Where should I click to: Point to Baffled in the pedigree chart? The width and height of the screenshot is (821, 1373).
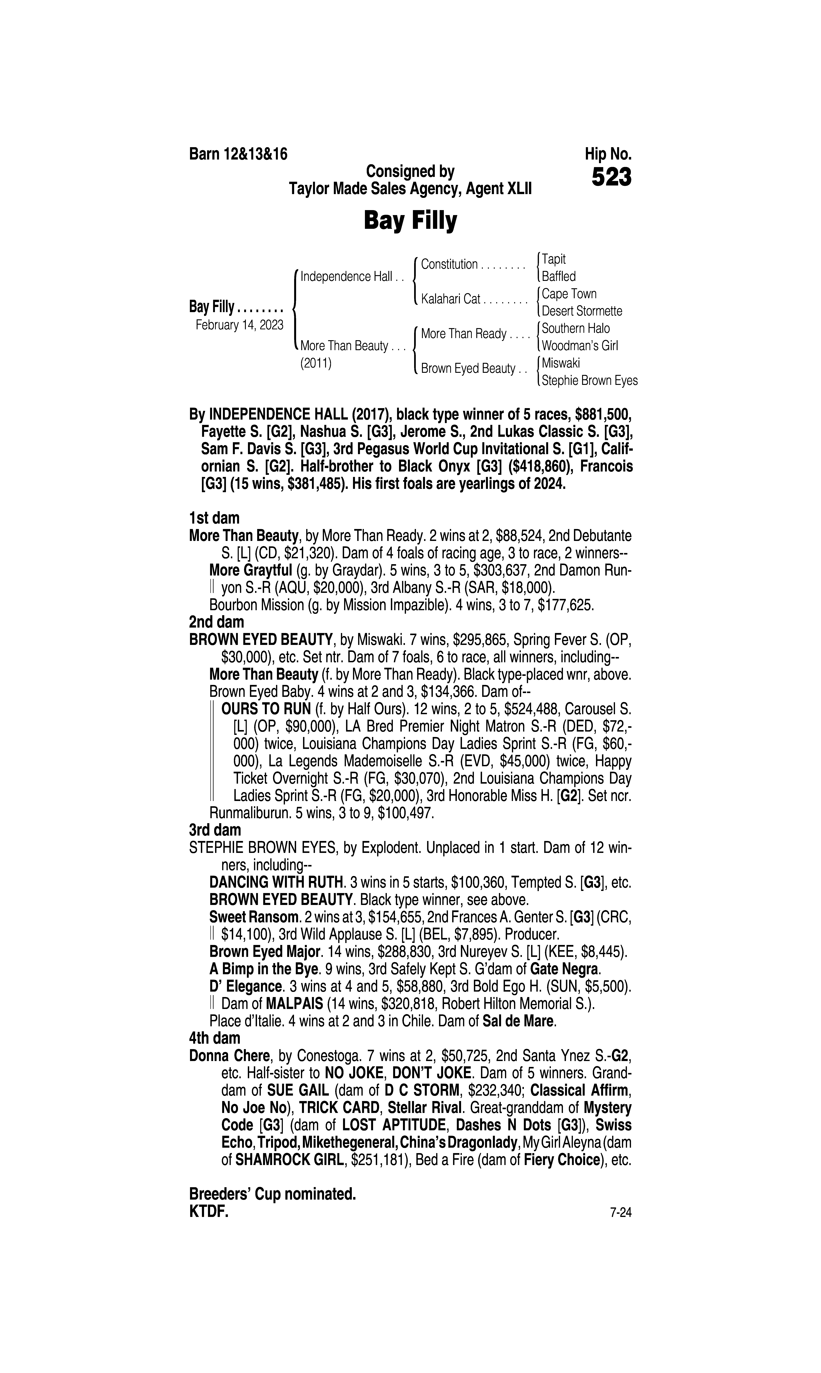point(559,277)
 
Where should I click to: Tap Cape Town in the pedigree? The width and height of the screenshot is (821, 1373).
point(569,294)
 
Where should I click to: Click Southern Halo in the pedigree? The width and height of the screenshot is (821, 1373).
point(575,329)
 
